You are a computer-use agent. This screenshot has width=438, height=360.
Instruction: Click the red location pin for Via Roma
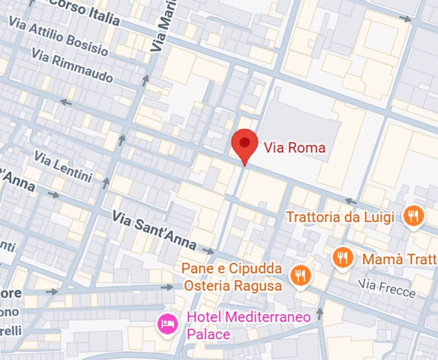coord(245,143)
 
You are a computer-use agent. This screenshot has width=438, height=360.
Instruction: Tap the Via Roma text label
coord(294,148)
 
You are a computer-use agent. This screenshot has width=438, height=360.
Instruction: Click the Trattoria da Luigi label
coord(340,217)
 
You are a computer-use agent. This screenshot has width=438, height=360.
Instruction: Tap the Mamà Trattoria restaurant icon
coord(343,257)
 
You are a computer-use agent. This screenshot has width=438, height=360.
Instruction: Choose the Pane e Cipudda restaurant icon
coord(300,275)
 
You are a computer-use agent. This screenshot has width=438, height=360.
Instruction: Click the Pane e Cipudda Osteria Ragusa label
coord(232,277)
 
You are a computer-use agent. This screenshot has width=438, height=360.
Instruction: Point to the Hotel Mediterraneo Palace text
coord(248,325)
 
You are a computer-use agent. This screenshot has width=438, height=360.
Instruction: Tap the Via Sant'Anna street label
coord(154,229)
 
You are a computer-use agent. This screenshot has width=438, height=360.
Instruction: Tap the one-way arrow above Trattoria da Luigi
coord(351,201)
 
